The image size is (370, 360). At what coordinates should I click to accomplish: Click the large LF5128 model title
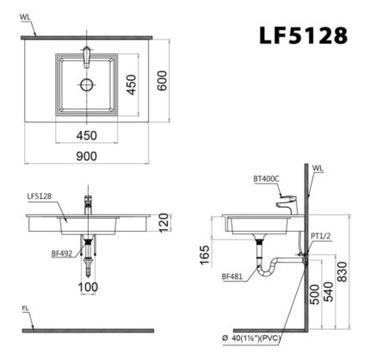click(x=303, y=35)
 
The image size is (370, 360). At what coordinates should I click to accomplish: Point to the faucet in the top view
click(x=86, y=58)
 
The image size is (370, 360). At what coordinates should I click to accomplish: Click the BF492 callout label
click(x=60, y=254)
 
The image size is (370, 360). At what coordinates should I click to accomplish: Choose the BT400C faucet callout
click(x=266, y=179)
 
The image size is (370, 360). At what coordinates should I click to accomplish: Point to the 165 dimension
click(x=205, y=256)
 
